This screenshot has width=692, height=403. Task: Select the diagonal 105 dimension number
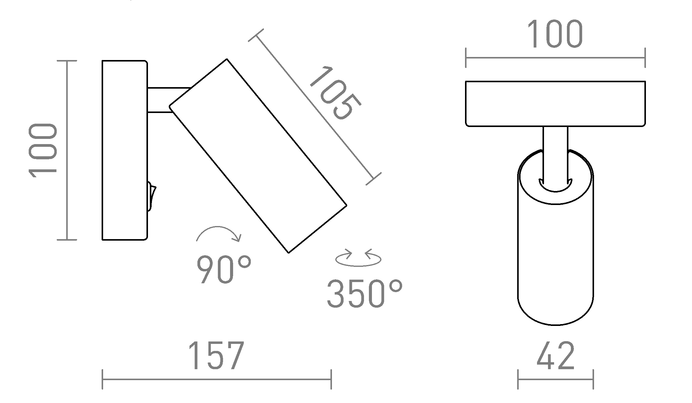[335, 93]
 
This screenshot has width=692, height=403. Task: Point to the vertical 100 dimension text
[43, 150]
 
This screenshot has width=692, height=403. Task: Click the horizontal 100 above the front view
[555, 34]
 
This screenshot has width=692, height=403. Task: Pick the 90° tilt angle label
[224, 269]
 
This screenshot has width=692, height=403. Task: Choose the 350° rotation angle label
[365, 293]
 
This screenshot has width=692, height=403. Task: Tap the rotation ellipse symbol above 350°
[358, 259]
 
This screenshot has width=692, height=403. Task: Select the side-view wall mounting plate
[124, 150]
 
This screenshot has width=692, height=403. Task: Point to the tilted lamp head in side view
[258, 155]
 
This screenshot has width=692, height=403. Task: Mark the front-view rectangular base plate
[555, 104]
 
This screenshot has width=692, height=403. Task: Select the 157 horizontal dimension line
[216, 379]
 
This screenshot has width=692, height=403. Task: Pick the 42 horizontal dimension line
[555, 379]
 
